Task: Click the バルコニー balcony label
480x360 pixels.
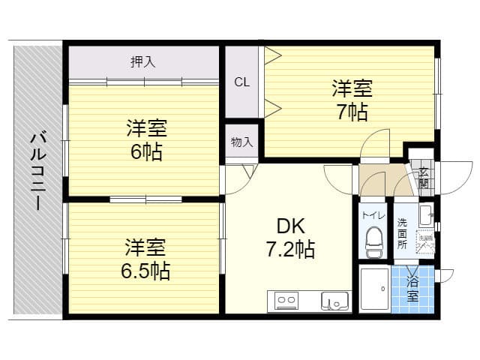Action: pyautogui.click(x=37, y=171)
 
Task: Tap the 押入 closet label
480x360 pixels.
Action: pyautogui.click(x=142, y=62)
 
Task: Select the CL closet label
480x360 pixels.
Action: pyautogui.click(x=241, y=82)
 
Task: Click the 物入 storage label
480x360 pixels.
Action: pyautogui.click(x=241, y=142)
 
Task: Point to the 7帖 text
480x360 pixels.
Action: pyautogui.click(x=352, y=112)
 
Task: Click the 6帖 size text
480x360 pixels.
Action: pyautogui.click(x=146, y=151)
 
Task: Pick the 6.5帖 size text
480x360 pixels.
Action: pyautogui.click(x=146, y=270)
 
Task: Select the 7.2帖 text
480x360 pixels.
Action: pyautogui.click(x=289, y=250)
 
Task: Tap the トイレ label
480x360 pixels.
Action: pyautogui.click(x=373, y=214)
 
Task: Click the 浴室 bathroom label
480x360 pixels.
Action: pyautogui.click(x=413, y=289)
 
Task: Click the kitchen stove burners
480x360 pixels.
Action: pyautogui.click(x=286, y=301)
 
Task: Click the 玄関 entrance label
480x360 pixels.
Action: pyautogui.click(x=424, y=178)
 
